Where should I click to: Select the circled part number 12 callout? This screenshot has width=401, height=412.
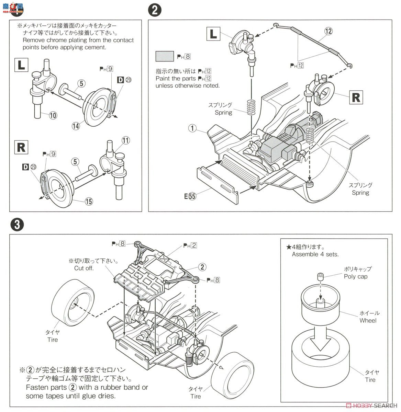coord(328,31)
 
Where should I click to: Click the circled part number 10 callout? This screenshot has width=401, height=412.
coord(53,115)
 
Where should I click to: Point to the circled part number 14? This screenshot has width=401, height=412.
coord(76,126)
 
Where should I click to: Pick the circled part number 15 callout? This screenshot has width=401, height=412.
coord(89,201)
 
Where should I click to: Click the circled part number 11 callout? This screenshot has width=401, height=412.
coord(126,140)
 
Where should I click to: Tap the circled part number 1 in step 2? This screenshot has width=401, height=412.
coord(192,128)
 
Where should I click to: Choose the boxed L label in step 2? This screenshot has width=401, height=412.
coord(213,34)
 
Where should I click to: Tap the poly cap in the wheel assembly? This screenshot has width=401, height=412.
coord(320,277)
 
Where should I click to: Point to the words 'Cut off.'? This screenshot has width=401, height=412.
coord(84,268)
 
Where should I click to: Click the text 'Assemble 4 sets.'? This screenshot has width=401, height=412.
coord(315,254)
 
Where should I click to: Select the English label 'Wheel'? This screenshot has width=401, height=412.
coord(368,321)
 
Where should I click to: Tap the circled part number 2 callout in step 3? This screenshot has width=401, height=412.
coord(202,267)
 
